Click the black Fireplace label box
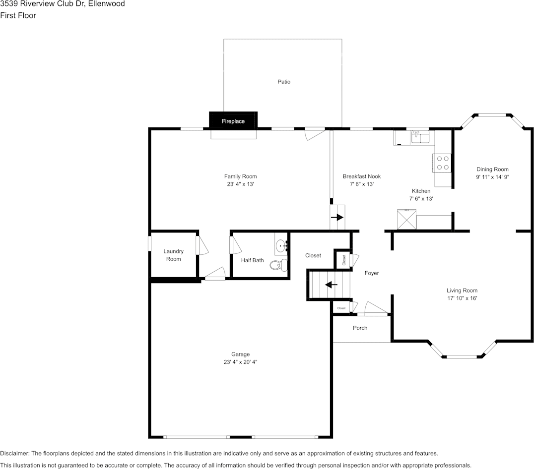[233, 121]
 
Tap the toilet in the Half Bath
[278, 265]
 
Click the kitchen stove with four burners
[443, 163]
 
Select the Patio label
[284, 82]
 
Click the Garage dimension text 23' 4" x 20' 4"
[240, 362]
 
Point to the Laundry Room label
[174, 255]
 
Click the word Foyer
[372, 273]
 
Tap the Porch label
[360, 328]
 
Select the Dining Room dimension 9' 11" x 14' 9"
[492, 176]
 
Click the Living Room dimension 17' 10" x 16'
[462, 298]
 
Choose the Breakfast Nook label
[361, 176]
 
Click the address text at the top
[63, 4]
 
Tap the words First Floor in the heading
[18, 15]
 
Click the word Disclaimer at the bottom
[14, 453]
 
